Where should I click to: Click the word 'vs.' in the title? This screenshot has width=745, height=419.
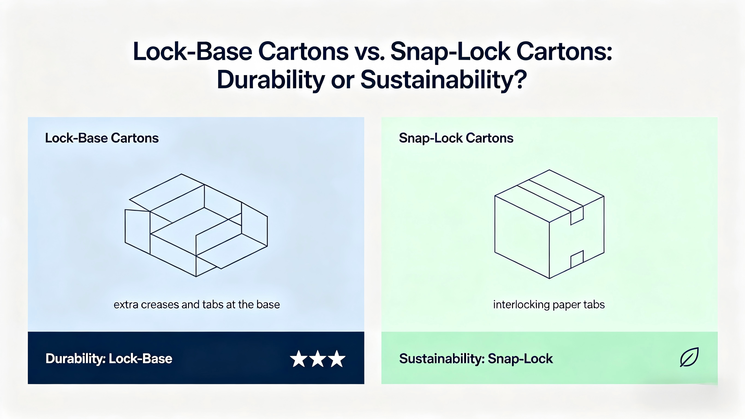pyautogui.click(x=369, y=52)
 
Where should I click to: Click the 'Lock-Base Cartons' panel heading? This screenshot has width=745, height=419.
pyautogui.click(x=102, y=138)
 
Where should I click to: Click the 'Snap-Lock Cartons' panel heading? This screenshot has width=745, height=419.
pyautogui.click(x=456, y=138)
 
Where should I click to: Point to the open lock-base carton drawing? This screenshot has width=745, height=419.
pyautogui.click(x=196, y=225)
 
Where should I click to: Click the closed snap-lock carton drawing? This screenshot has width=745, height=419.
pyautogui.click(x=549, y=224)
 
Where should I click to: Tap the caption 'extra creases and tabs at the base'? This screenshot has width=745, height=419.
pyautogui.click(x=197, y=304)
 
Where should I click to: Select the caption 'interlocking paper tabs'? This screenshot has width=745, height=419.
pyautogui.click(x=549, y=305)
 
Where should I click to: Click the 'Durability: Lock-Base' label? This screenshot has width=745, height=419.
pyautogui.click(x=109, y=358)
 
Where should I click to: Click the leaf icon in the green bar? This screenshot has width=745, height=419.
pyautogui.click(x=689, y=357)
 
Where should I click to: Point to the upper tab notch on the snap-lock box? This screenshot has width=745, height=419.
pyautogui.click(x=577, y=216)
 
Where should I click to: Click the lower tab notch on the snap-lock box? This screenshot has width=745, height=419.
pyautogui.click(x=577, y=259)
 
